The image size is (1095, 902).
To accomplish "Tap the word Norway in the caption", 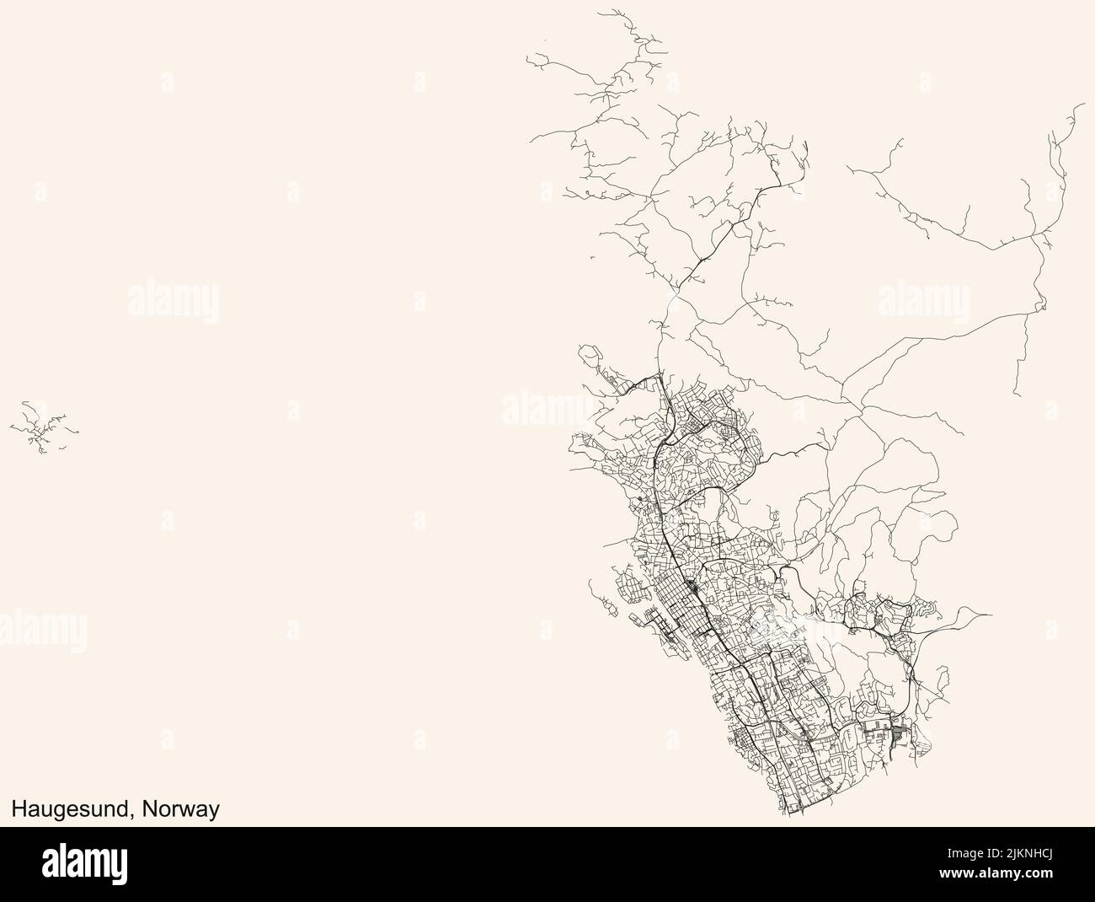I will [x=182, y=810].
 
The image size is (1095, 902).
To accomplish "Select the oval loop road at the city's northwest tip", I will [x=588, y=353].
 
